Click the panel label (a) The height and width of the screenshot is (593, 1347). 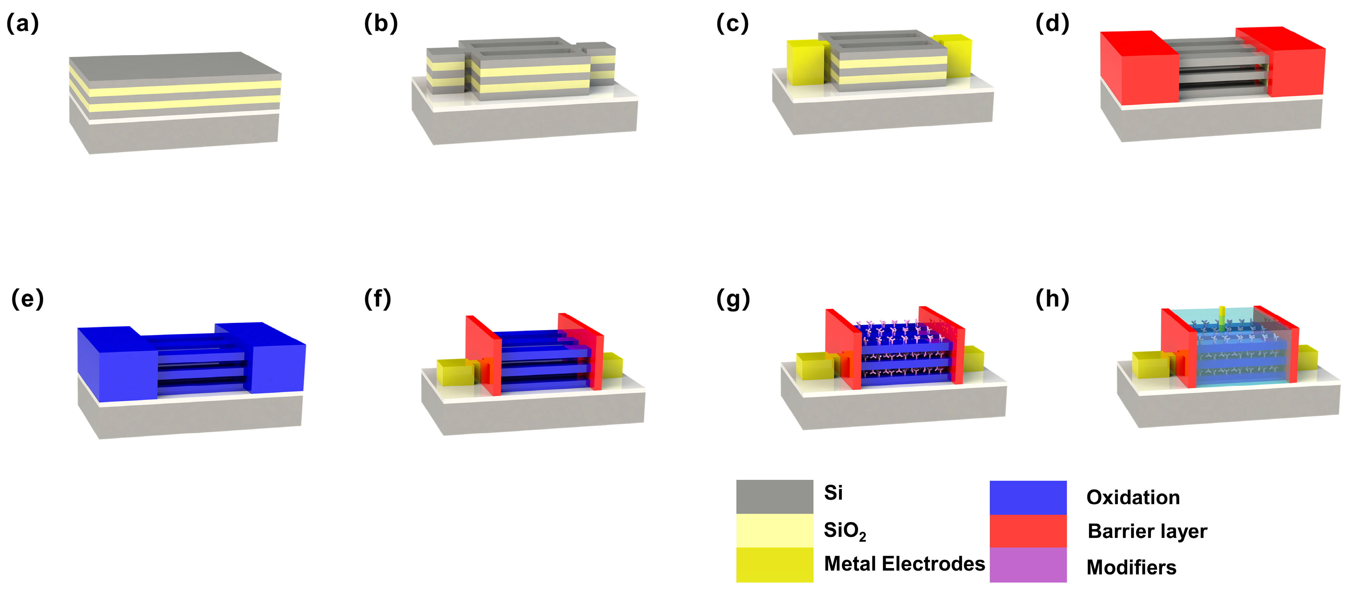tap(22, 24)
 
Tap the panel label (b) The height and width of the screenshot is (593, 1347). tap(381, 24)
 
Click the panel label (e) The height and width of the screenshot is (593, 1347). tap(27, 299)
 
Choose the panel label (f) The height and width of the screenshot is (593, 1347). tap(378, 299)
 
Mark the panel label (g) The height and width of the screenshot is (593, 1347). tap(733, 299)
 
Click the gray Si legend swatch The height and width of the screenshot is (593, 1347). tap(774, 497)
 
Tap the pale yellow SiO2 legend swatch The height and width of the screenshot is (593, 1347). tap(774, 531)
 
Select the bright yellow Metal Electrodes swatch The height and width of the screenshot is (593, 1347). tap(774, 565)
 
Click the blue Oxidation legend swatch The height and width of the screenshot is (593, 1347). tap(1028, 497)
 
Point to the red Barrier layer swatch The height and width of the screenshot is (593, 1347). tap(1028, 531)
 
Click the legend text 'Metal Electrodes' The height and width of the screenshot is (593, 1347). tap(904, 564)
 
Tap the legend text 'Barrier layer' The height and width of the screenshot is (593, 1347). tap(1147, 531)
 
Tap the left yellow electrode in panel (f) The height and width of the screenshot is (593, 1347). tap(454, 372)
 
